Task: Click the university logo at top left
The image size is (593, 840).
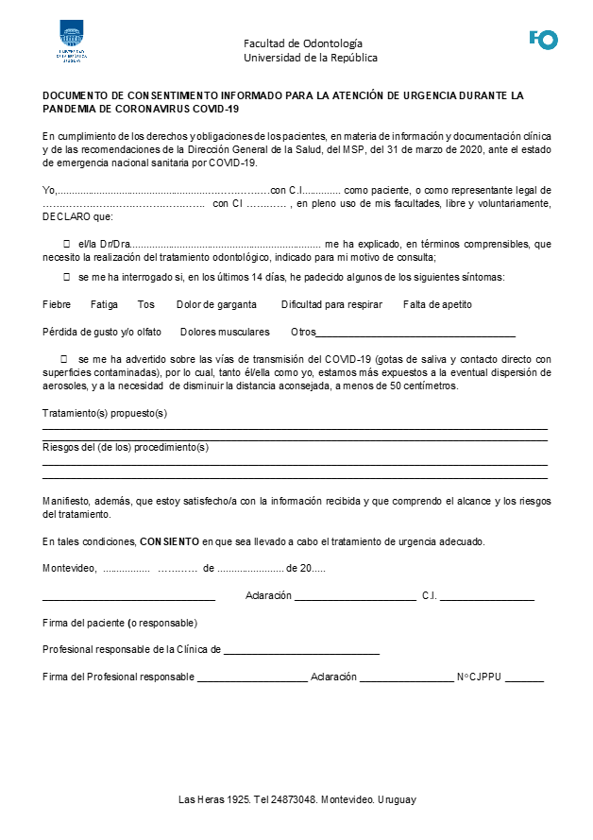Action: (72, 42)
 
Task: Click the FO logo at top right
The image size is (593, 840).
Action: (543, 39)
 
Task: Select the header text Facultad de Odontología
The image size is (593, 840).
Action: (302, 43)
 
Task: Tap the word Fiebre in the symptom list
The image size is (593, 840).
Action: (57, 304)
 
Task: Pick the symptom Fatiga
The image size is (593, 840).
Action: (104, 304)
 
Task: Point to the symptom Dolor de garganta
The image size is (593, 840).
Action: (216, 304)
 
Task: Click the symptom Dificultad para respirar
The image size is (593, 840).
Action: (331, 304)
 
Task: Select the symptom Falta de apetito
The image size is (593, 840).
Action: (437, 304)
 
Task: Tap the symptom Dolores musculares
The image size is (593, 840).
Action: (225, 332)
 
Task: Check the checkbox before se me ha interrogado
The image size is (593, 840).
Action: (66, 277)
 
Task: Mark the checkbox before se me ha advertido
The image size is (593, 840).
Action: (63, 360)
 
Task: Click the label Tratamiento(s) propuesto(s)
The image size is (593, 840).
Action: (105, 413)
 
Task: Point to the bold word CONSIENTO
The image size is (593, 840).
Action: (169, 541)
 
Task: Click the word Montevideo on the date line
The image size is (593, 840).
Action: (69, 568)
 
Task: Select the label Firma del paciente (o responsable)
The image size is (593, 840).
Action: (120, 623)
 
